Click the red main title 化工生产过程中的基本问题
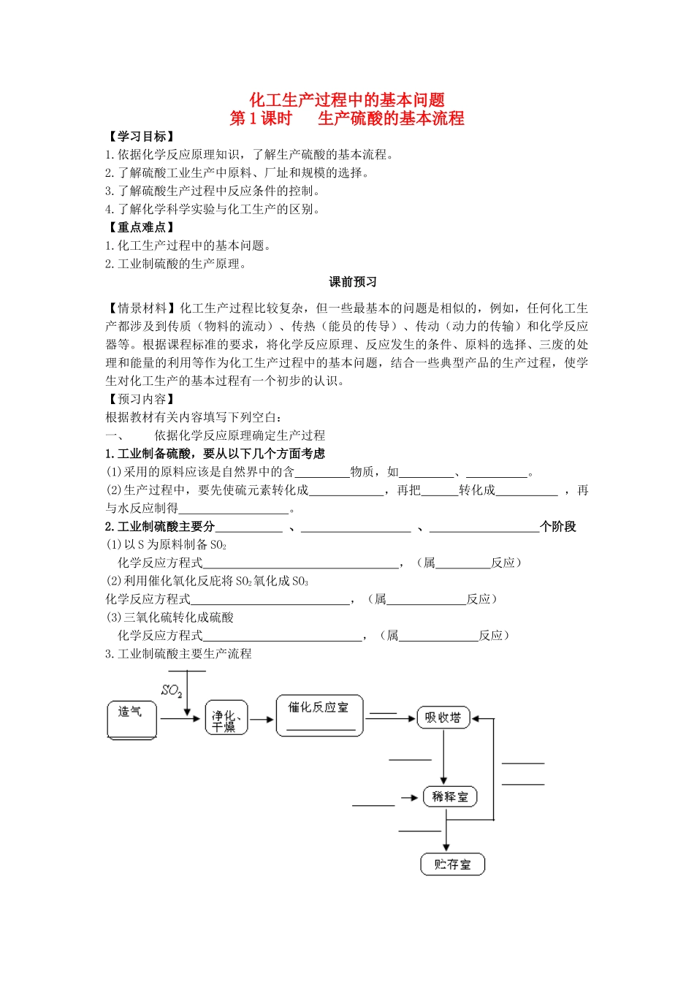coord(347,100)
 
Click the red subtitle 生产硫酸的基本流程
coord(391,118)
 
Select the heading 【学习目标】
coord(141,137)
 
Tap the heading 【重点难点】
coord(141,227)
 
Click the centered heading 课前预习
coord(353,282)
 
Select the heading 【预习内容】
coord(141,399)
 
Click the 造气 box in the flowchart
coord(132,720)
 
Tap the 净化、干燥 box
coord(226,718)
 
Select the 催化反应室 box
coord(319,714)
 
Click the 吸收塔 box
coord(443,718)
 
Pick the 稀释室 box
coord(449,796)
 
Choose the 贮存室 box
coord(452,864)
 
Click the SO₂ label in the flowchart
coord(172,690)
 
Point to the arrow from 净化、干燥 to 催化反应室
coord(262,719)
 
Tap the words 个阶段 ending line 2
coord(558,527)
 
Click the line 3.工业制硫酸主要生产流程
coord(178,654)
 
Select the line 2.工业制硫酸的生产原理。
coord(175,264)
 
